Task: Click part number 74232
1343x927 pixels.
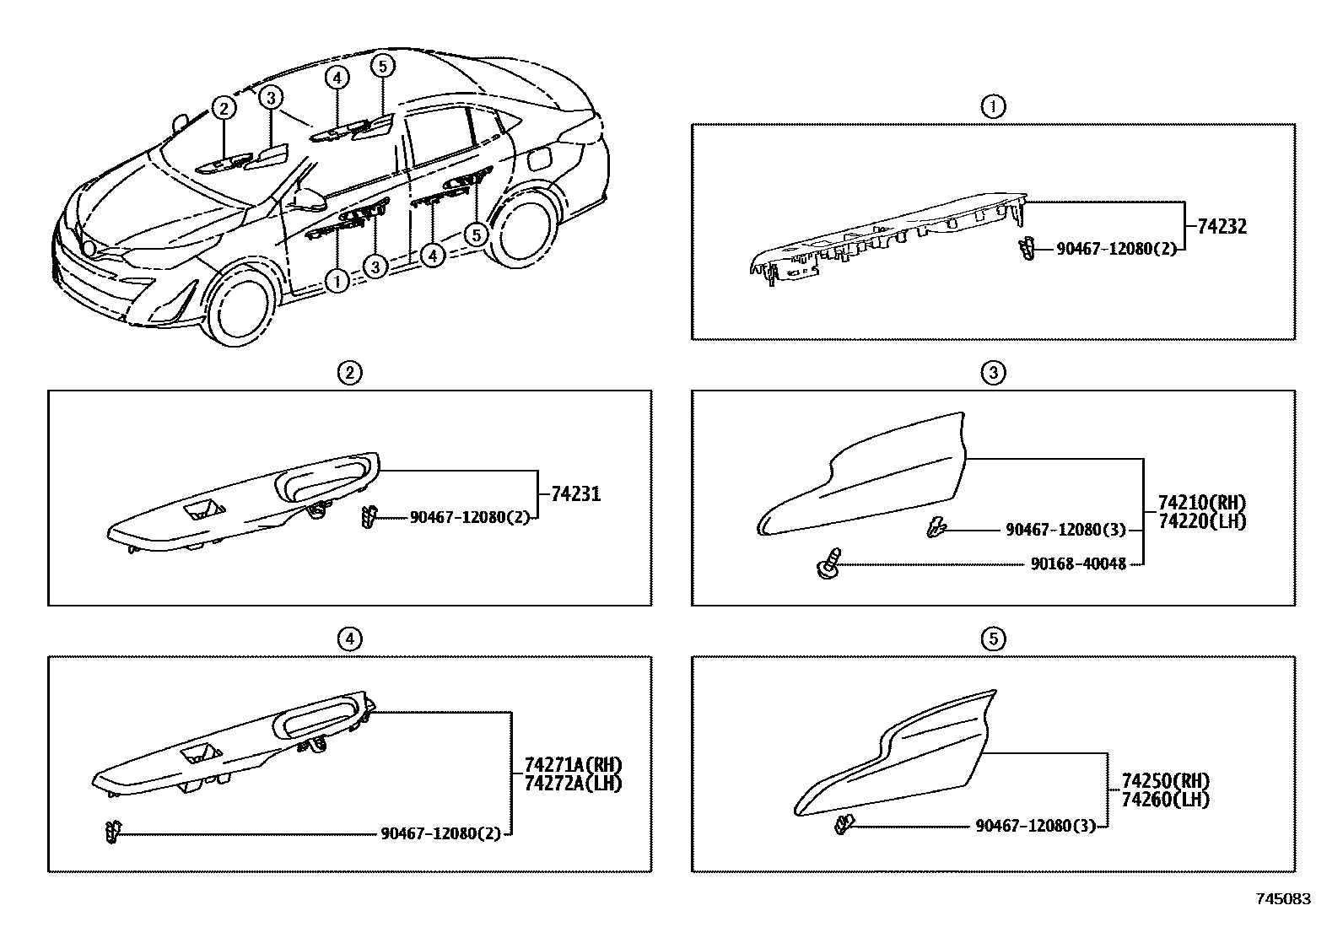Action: (1222, 226)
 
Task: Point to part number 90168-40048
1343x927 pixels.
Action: (1078, 563)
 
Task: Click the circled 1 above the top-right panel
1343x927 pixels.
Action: (993, 106)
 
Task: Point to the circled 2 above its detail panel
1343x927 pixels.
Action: (349, 372)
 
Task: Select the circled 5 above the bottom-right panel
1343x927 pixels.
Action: (993, 639)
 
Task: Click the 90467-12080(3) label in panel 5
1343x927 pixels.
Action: (1035, 826)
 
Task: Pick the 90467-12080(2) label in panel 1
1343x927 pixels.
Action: (1116, 250)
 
